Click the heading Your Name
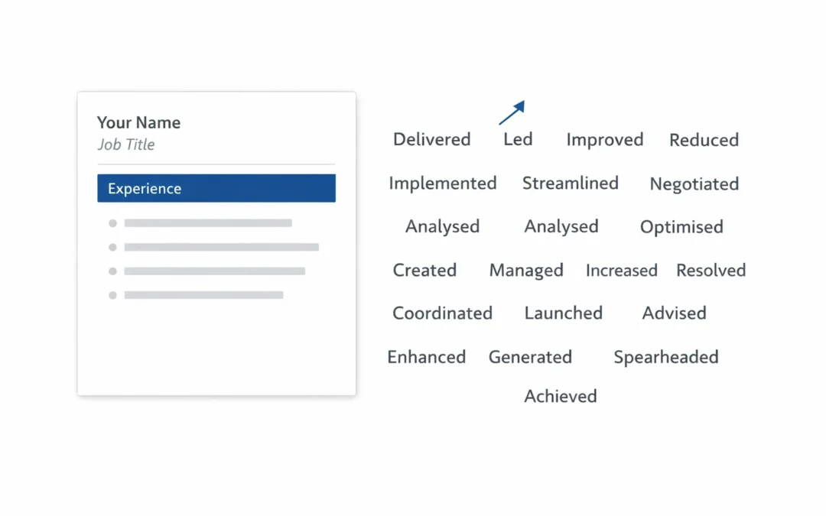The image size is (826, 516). coord(138,122)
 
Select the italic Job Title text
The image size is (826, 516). coord(126,144)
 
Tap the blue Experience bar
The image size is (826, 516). coord(216,188)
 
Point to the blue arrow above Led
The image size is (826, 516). coord(512,112)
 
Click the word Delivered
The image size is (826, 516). coord(432,140)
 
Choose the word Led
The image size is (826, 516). coord(518,139)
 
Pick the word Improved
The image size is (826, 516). coord(605,140)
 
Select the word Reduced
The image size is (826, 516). coord(704,140)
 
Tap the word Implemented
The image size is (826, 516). coord(443,183)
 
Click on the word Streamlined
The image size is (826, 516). coord(571,183)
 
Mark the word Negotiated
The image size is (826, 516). coord(694,184)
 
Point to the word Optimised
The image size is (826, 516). coord(681,227)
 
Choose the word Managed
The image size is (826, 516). coord(526,271)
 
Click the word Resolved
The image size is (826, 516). coord(711,271)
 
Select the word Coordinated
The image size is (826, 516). coord(443,313)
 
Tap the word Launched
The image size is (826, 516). coord(563,313)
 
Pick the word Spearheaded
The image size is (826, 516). coord(666,358)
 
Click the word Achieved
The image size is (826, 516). coord(561,397)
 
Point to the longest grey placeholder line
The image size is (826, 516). coord(222,247)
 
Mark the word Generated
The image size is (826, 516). coord(530,357)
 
